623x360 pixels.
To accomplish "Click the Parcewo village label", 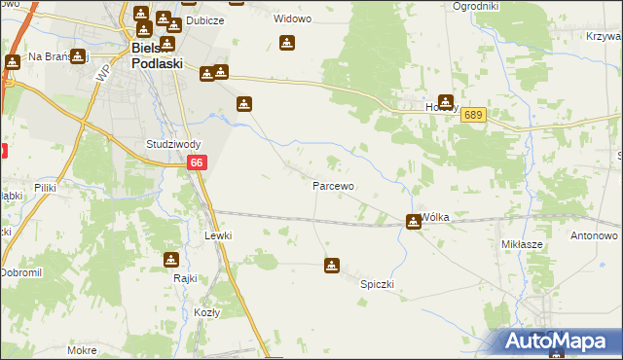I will click(332, 185).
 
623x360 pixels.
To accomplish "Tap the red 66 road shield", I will click(197, 163).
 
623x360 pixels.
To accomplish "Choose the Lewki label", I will click(218, 235).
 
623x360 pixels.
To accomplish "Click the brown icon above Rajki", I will click(171, 260).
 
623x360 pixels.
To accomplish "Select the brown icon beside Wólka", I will click(414, 222).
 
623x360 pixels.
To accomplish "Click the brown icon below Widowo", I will click(287, 43).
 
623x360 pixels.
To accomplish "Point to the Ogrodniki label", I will click(476, 6).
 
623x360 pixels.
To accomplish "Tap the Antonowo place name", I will click(595, 235).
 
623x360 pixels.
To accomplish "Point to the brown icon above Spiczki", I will click(332, 264).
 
